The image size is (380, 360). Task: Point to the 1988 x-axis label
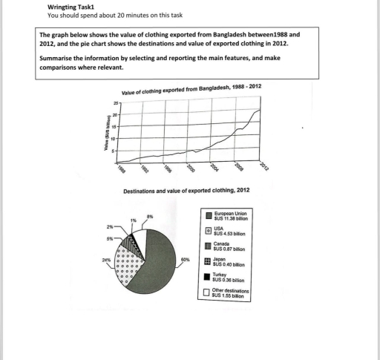122,167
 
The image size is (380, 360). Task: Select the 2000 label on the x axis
191,167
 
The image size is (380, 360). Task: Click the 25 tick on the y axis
116,102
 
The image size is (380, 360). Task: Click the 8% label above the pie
149,215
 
